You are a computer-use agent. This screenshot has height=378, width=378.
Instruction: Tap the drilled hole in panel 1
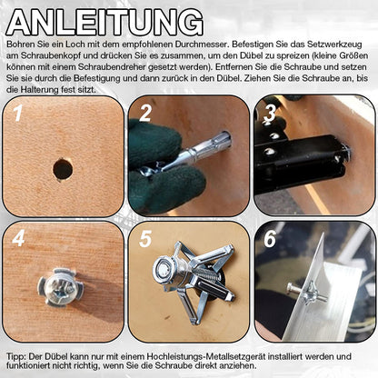63,168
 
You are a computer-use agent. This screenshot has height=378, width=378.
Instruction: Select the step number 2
144,113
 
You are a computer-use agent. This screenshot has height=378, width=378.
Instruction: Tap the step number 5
144,239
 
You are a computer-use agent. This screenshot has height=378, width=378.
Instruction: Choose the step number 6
270,239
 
